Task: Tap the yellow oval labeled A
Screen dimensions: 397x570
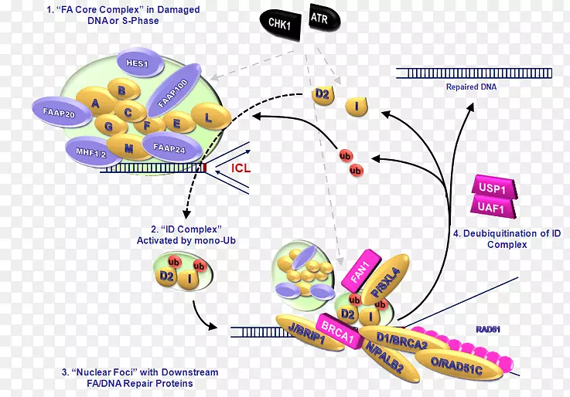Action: click(95, 103)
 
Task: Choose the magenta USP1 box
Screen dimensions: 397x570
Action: click(493, 188)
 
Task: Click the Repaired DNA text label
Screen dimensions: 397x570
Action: click(471, 87)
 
